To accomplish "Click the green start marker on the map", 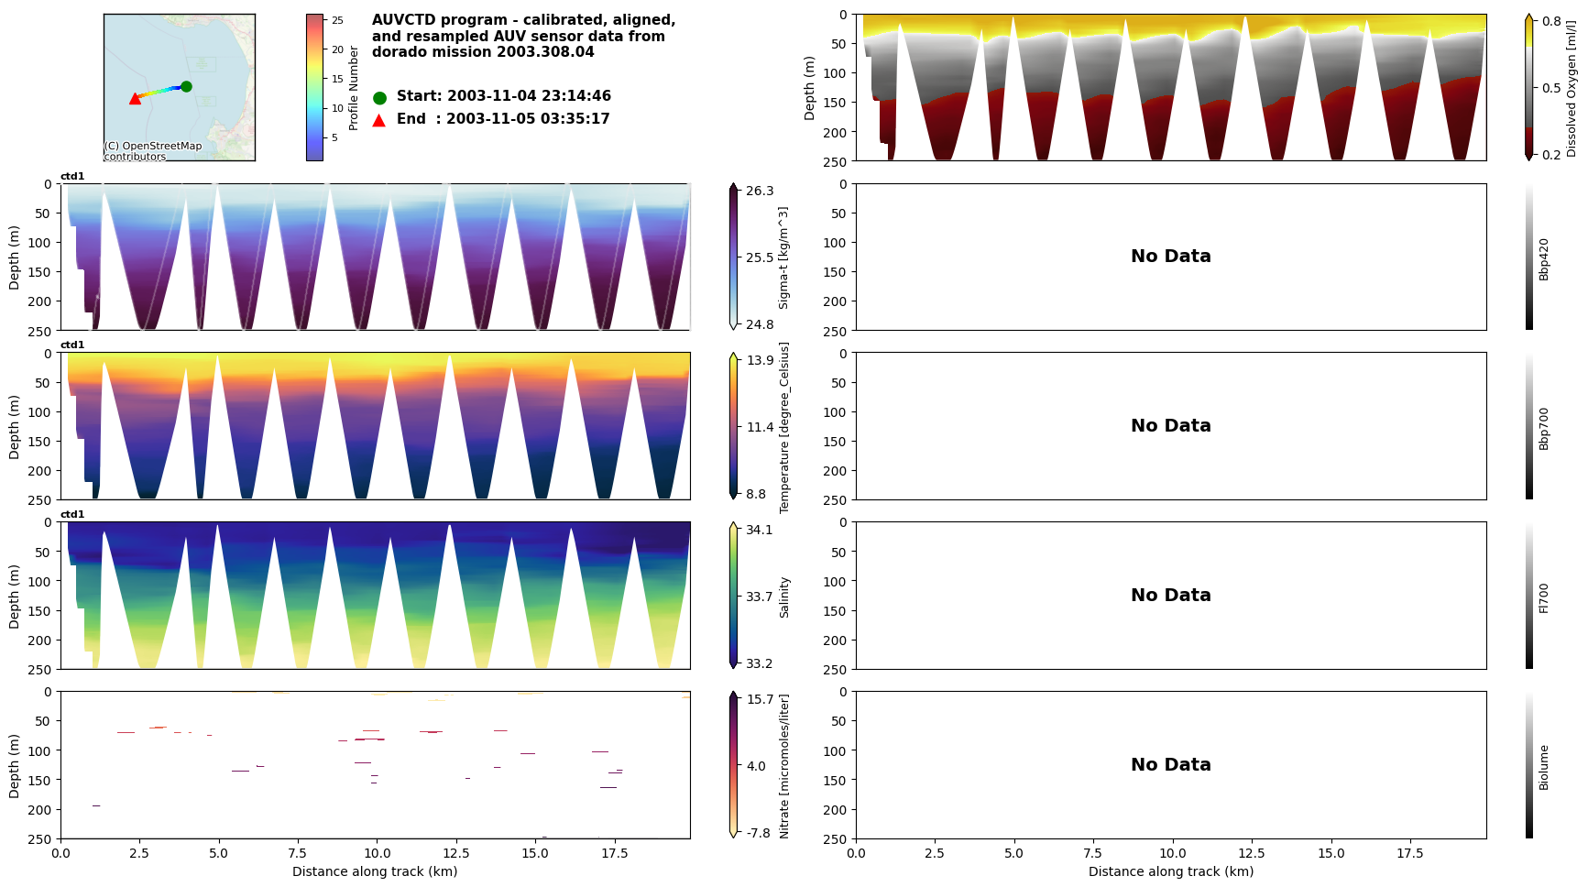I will [x=186, y=86].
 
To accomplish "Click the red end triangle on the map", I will [x=136, y=98].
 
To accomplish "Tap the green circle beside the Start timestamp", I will [x=379, y=97].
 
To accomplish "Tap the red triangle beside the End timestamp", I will [x=379, y=120].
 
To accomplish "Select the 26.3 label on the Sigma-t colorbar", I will [x=760, y=191].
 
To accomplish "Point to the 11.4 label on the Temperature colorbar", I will [x=760, y=427].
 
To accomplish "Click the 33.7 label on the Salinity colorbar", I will [x=760, y=597].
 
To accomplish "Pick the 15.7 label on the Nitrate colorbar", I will [x=760, y=699].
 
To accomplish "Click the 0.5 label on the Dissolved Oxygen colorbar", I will [x=1551, y=88].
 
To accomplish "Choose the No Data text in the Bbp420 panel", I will [x=1170, y=257].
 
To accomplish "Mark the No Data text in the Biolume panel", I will [x=1170, y=764].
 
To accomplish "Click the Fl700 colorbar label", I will [x=1544, y=597].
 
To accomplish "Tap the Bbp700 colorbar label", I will [x=1544, y=428].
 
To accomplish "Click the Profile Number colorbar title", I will [x=354, y=88].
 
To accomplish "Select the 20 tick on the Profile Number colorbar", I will [x=337, y=49].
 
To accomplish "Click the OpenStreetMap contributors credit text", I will [x=152, y=151].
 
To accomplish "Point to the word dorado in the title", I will [x=397, y=52].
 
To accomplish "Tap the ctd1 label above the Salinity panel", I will [x=72, y=514].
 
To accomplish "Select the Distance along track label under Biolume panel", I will [x=1170, y=871].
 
